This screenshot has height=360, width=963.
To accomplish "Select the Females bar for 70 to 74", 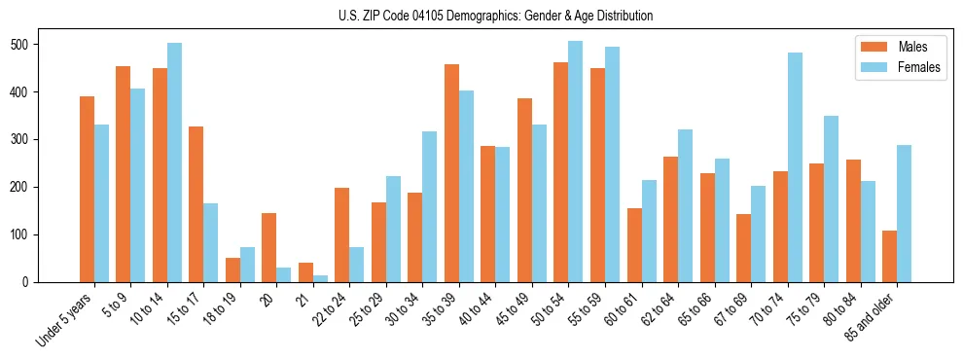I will [x=795, y=167].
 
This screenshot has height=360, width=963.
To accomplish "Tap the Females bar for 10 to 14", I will [x=174, y=162].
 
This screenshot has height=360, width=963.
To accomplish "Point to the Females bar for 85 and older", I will [x=905, y=213].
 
